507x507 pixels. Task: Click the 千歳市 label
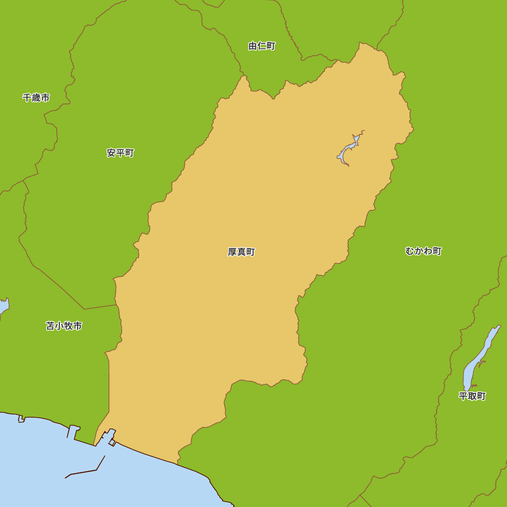[36, 98]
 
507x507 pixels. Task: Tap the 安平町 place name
[120, 153]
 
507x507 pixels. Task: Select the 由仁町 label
[262, 46]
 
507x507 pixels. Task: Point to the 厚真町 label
[241, 252]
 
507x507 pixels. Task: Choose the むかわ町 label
[423, 251]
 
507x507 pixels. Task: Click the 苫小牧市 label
[64, 326]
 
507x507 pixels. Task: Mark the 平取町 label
[472, 396]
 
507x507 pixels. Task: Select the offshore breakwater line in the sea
[86, 472]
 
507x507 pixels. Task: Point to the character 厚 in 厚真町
[232, 252]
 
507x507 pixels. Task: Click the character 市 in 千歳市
[45, 98]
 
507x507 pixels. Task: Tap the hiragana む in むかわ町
[410, 251]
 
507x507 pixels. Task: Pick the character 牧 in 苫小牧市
[68, 326]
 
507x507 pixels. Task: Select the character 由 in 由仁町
[252, 46]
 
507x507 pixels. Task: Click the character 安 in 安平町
[111, 153]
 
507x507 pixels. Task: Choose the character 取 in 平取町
[472, 396]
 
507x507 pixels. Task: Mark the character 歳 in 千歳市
[36, 98]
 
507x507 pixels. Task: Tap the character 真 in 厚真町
[241, 252]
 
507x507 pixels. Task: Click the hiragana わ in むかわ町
[428, 251]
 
